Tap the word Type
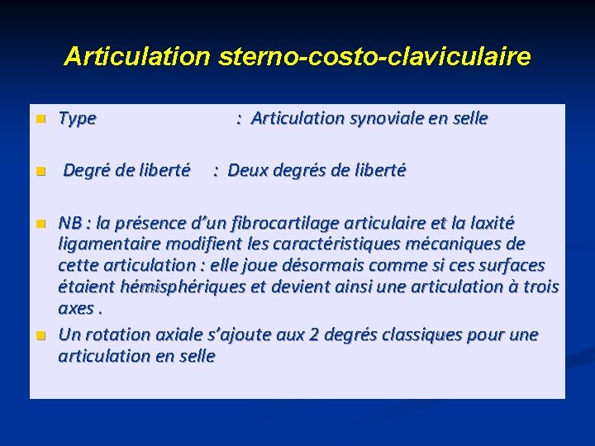78,119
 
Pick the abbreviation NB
71,223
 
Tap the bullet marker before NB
38,224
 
